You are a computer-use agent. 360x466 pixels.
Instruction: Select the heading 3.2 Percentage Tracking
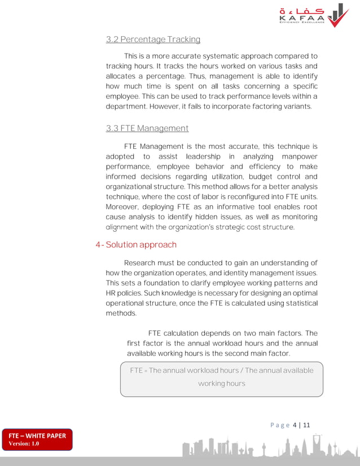pyautogui.click(x=153, y=39)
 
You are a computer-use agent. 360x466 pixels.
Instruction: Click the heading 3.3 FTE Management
pyautogui.click(x=147, y=129)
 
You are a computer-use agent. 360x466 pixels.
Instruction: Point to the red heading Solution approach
pyautogui.click(x=141, y=245)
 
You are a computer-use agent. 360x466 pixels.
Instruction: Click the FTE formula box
pyautogui.click(x=221, y=379)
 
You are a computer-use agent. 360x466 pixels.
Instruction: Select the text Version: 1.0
pyautogui.click(x=24, y=444)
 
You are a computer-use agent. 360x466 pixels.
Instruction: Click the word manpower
pyautogui.click(x=298, y=156)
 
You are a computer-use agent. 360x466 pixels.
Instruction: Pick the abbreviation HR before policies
pyautogui.click(x=111, y=293)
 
